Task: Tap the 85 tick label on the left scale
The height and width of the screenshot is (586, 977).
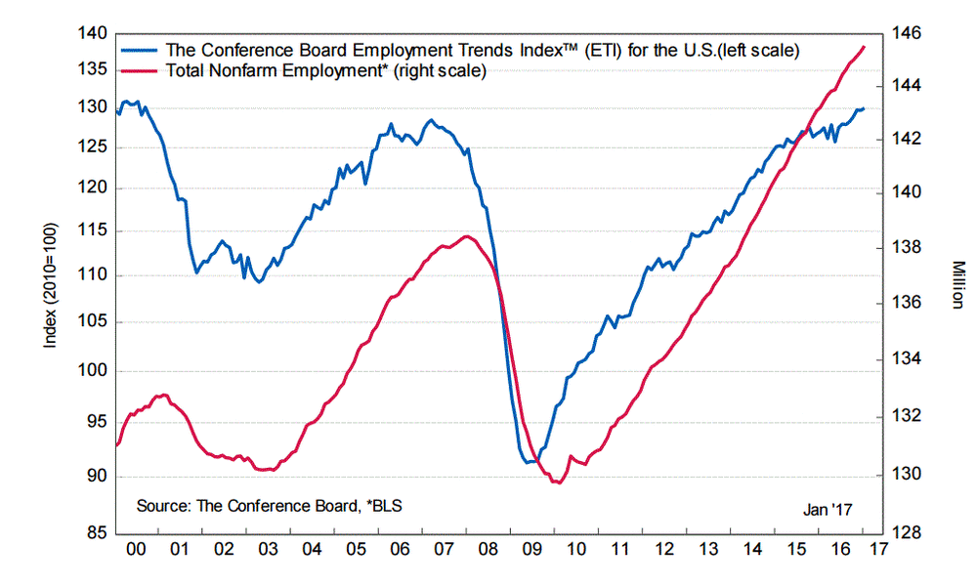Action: [96, 533]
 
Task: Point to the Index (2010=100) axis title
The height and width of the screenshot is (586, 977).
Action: [50, 284]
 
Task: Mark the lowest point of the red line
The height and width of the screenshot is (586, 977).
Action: [558, 482]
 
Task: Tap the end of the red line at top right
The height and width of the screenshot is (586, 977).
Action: [864, 47]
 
